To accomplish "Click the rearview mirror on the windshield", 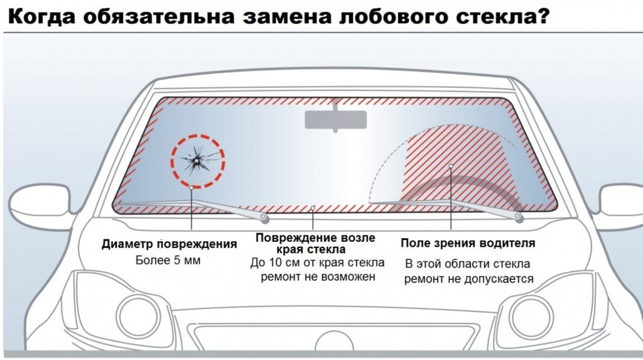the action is pos(335,119).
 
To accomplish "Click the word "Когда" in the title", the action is pos(41,17).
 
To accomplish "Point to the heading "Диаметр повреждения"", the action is pos(170,244).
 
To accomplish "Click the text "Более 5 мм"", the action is pos(168,260).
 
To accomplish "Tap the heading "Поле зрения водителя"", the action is pos(468,243).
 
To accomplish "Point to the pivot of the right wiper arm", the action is pos(518,216).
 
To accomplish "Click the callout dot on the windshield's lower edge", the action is pos(313,209).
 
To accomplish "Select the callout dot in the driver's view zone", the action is pos(451,166).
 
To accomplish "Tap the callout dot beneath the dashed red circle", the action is pos(192,187).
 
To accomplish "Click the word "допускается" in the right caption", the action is pos(499,280).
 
